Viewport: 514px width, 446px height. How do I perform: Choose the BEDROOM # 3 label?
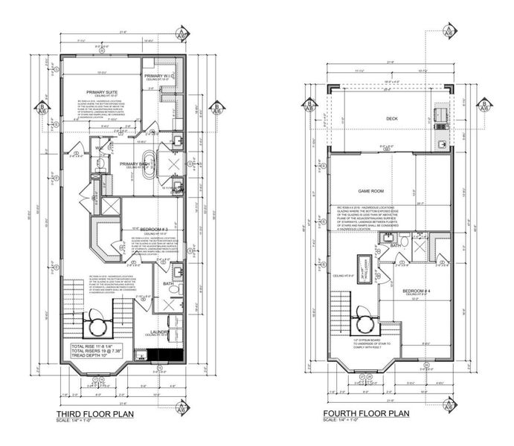coord(148,227)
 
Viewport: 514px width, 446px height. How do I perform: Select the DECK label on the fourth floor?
coord(392,118)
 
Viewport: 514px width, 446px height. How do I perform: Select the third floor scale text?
coord(74,421)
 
